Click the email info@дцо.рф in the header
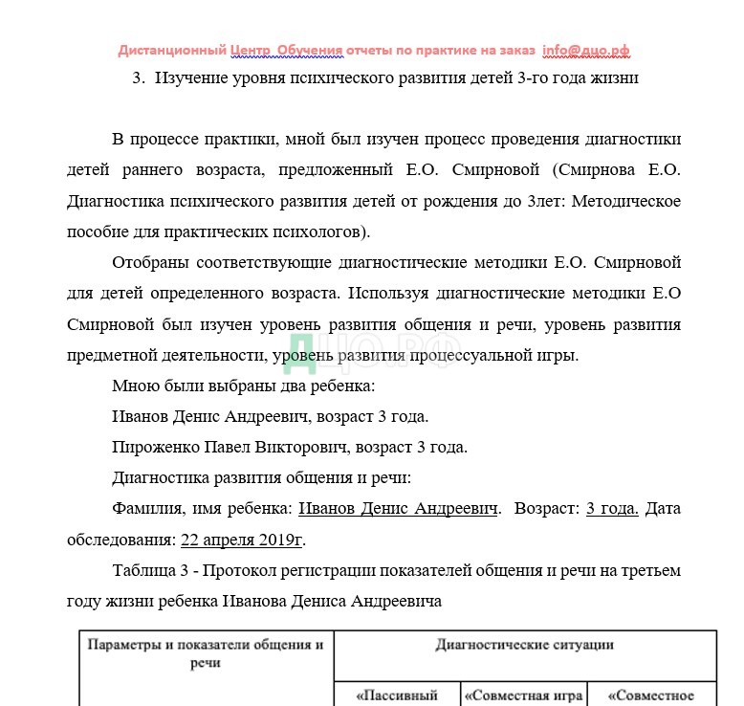[585, 51]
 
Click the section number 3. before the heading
[138, 78]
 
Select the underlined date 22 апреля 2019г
[241, 540]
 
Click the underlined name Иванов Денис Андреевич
[399, 508]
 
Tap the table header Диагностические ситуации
[524, 645]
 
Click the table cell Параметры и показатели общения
[206, 652]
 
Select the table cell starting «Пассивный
[396, 695]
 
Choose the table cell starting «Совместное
[650, 695]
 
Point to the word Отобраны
[151, 262]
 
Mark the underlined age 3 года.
[611, 508]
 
